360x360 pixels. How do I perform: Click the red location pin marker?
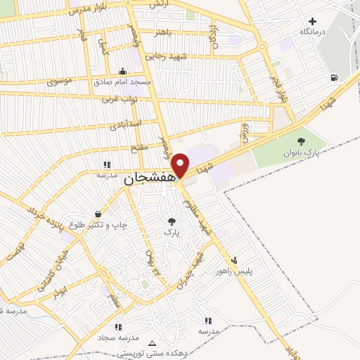pyautogui.click(x=181, y=165)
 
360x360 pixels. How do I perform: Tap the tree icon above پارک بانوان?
pyautogui.click(x=302, y=141)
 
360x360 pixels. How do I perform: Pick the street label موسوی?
pyautogui.click(x=60, y=82)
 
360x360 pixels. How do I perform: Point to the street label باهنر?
pyautogui.click(x=162, y=32)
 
